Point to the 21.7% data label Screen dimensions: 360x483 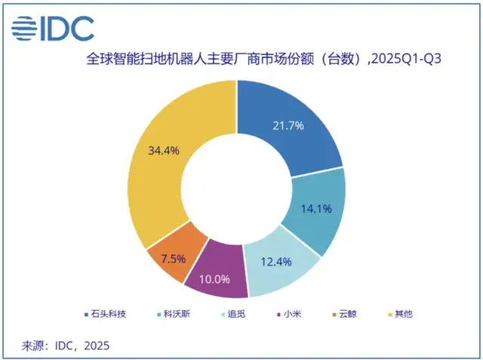point(288,125)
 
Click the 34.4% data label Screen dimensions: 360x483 point(164,150)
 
